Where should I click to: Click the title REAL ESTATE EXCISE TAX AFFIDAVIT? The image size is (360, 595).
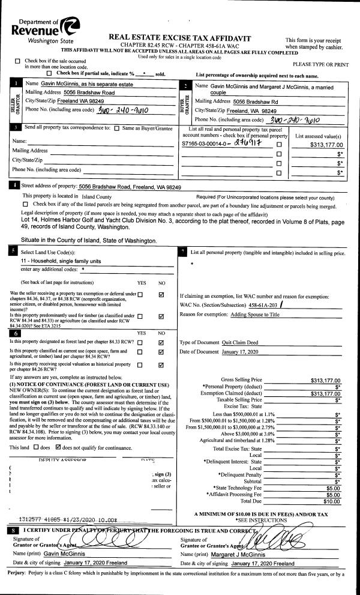tap(179, 38)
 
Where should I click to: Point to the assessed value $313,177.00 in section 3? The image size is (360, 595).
tap(327, 145)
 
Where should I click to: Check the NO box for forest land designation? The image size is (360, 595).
tap(161, 342)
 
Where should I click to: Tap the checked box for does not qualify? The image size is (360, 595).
tap(58, 447)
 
